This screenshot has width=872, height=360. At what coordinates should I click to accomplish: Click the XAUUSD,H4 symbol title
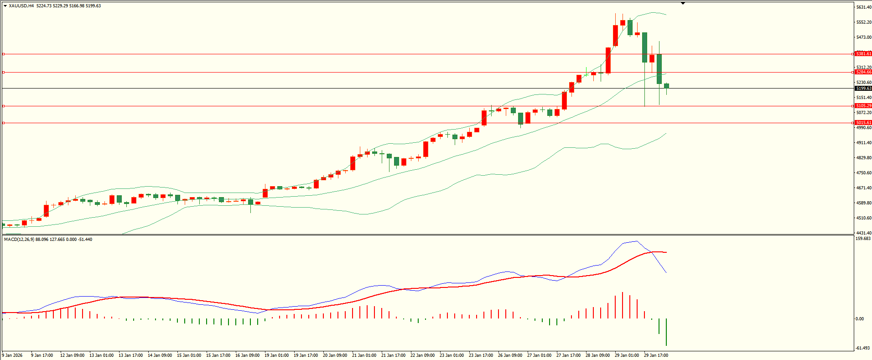click(21, 6)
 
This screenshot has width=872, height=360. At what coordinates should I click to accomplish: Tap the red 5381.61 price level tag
click(863, 54)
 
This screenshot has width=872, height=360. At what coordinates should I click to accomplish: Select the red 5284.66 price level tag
click(863, 72)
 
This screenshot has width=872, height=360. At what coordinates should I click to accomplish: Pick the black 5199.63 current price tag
click(863, 89)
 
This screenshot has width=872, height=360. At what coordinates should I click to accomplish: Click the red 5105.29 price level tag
click(863, 106)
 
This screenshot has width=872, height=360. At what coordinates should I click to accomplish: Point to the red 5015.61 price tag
click(863, 123)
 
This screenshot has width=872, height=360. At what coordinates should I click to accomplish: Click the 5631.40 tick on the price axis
click(863, 7)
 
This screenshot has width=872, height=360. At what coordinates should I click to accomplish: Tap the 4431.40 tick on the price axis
click(863, 233)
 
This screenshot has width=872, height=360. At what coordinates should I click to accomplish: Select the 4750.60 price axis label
click(863, 173)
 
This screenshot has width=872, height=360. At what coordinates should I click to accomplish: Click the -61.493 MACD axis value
click(863, 348)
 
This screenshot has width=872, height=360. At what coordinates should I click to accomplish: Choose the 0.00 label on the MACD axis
click(860, 319)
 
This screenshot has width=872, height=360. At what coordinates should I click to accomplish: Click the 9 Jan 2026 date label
click(12, 355)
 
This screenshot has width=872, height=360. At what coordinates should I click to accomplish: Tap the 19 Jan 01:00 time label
click(276, 355)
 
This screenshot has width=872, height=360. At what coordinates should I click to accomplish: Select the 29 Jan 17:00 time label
click(656, 355)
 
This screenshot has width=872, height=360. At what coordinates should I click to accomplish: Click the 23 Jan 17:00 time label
click(481, 355)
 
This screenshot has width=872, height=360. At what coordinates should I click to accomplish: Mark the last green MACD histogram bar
click(666, 332)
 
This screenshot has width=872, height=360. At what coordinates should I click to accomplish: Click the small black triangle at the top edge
click(683, 3)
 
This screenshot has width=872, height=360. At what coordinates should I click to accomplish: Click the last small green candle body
click(667, 86)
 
